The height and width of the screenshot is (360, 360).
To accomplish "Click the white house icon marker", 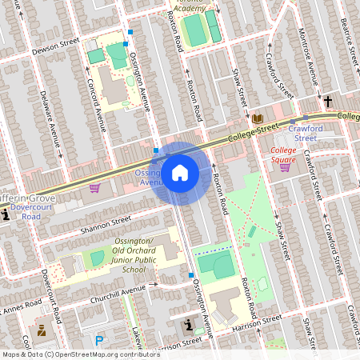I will [x=180, y=173].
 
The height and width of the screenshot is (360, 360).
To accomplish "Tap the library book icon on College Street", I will [x=258, y=119].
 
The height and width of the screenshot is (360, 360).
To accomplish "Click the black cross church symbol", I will [x=328, y=102].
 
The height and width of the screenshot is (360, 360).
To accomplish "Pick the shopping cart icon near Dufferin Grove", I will [x=95, y=188].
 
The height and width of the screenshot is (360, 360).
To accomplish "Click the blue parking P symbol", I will [x=99, y=340].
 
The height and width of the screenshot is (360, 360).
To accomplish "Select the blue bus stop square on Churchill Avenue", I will [x=190, y=275].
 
